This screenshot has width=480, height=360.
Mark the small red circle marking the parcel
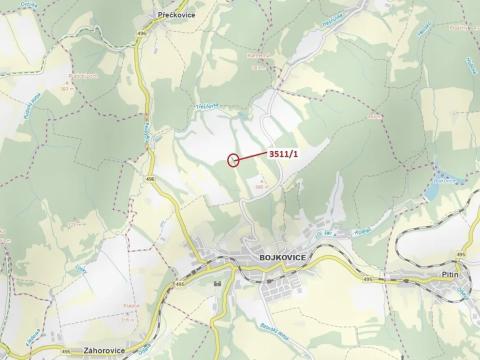click(234, 159)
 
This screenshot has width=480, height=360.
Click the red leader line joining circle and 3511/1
click(253, 156)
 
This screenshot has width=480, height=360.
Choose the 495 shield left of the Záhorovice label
click(42, 349)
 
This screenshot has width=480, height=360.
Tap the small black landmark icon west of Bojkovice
click(217, 284)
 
